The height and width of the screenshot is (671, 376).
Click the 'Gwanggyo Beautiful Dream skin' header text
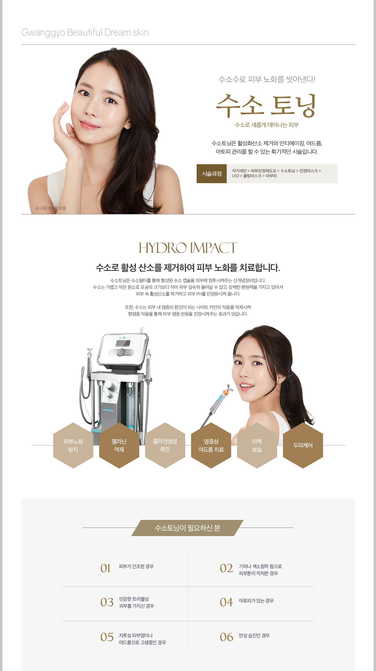[85, 32]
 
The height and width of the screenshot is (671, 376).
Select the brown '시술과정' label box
[212, 174]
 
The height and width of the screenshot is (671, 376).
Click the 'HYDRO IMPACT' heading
[188, 248]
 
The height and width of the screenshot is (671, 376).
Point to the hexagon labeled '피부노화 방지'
[73, 445]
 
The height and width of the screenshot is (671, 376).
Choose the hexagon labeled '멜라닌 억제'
[119, 445]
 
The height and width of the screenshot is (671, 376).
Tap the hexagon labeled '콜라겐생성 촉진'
[165, 445]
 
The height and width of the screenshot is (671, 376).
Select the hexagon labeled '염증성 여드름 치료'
[211, 445]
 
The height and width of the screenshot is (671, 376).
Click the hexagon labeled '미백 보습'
[257, 445]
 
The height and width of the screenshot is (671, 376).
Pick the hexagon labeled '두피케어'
[303, 445]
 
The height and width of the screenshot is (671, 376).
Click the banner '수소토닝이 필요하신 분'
[187, 528]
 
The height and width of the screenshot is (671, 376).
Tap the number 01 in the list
[106, 568]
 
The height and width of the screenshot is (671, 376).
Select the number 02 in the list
[226, 568]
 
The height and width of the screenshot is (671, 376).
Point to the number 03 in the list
[107, 602]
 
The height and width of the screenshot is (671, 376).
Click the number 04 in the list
[226, 602]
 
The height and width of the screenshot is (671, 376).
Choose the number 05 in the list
[107, 637]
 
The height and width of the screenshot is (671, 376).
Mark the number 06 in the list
[226, 637]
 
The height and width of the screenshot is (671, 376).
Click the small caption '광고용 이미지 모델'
[51, 208]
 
